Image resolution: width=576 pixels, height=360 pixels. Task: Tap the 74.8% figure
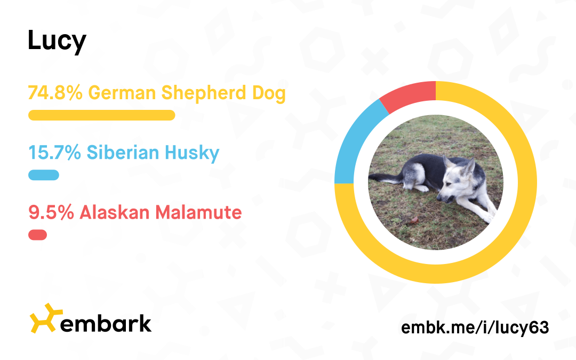[x=55, y=93]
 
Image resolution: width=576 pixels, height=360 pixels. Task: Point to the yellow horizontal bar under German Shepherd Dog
[x=102, y=115]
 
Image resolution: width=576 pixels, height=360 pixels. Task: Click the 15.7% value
[x=55, y=153]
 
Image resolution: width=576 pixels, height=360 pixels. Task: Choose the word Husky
[x=192, y=153]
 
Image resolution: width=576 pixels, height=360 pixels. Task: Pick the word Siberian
[x=123, y=153]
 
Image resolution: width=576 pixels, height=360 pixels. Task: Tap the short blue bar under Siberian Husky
[x=44, y=175]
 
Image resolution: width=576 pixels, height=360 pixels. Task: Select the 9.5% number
[x=51, y=212]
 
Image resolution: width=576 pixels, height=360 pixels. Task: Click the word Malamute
[x=198, y=212]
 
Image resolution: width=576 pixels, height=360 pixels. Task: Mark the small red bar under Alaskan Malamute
[x=37, y=235]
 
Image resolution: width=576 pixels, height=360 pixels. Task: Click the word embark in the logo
[x=106, y=323]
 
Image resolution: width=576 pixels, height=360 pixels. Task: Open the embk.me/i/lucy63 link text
[x=475, y=327]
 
